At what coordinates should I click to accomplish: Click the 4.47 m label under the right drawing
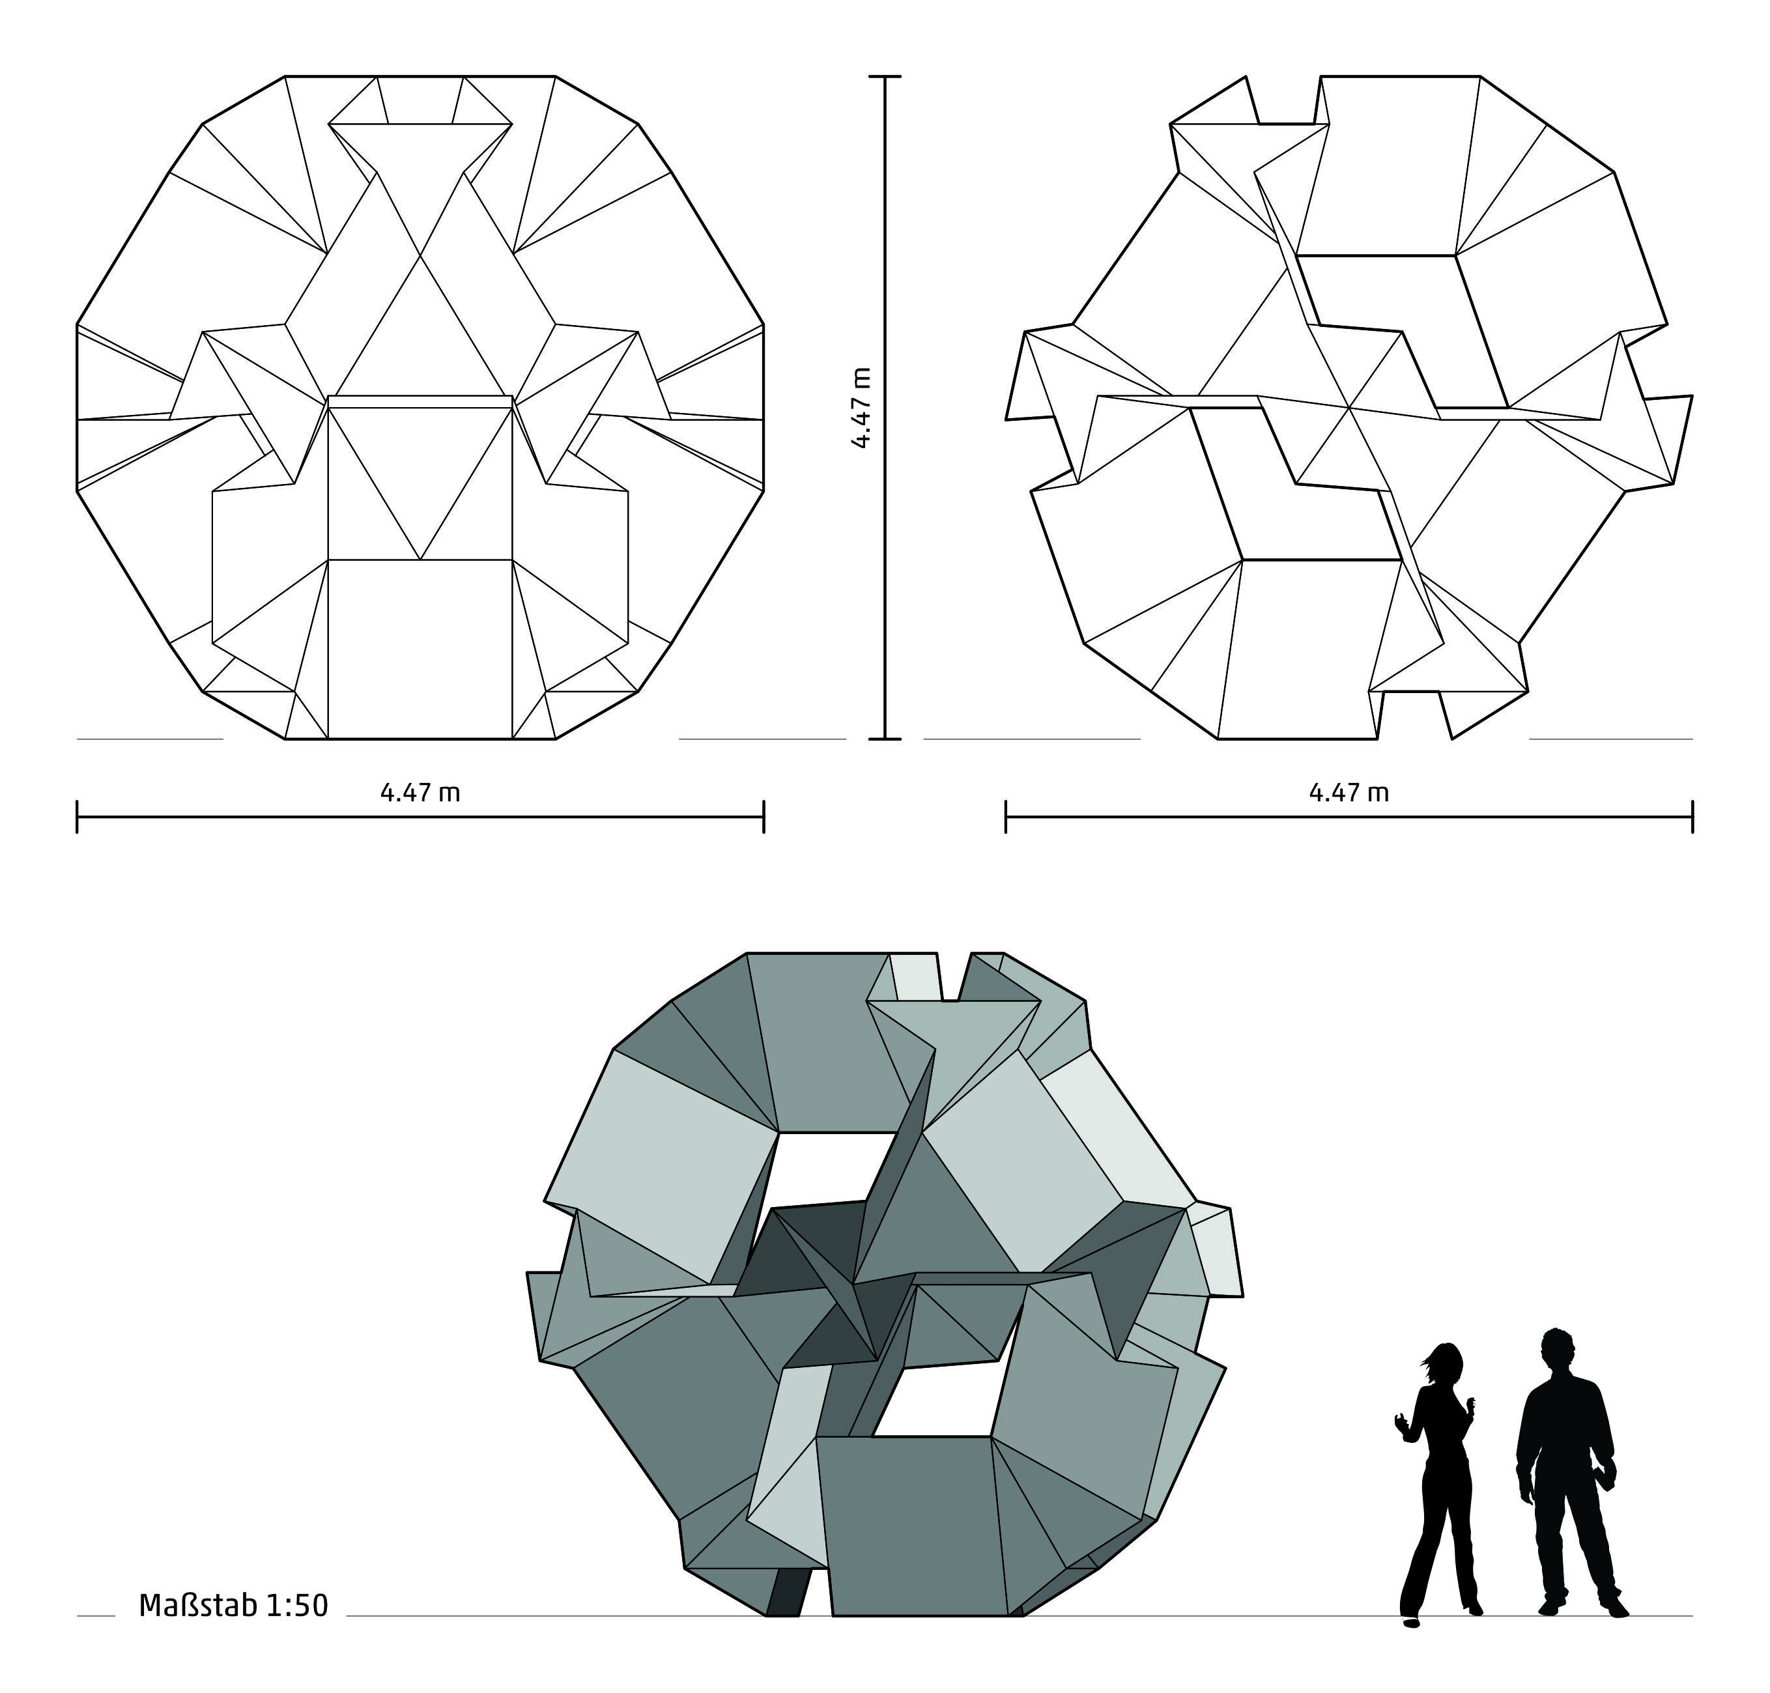(1349, 792)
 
